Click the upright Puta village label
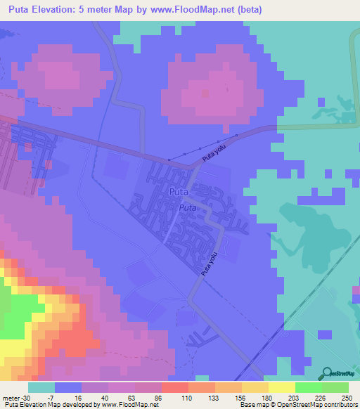[179, 191]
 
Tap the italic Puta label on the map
[187, 208]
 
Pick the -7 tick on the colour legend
[55, 397]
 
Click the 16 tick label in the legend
[81, 397]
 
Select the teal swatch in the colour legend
[41, 387]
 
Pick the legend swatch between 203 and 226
[308, 387]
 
